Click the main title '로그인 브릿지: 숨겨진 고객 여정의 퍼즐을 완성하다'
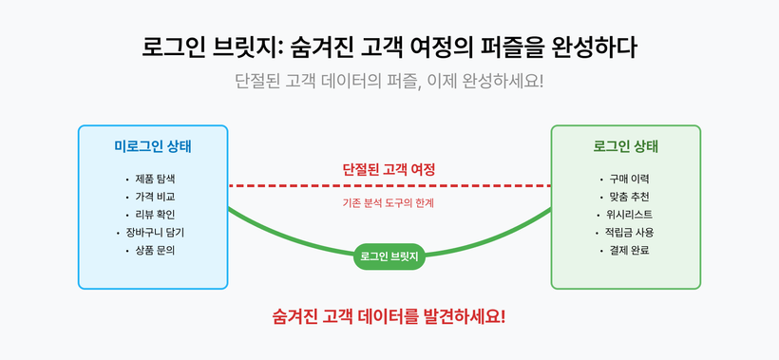(x=389, y=47)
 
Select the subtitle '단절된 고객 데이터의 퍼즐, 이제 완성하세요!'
(x=389, y=80)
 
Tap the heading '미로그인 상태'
(x=152, y=146)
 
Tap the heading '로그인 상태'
(x=626, y=146)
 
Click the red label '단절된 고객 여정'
(x=389, y=169)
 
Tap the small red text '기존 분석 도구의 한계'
(x=389, y=202)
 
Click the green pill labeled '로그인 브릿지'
(x=389, y=256)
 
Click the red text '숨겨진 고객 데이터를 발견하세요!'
(x=389, y=315)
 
